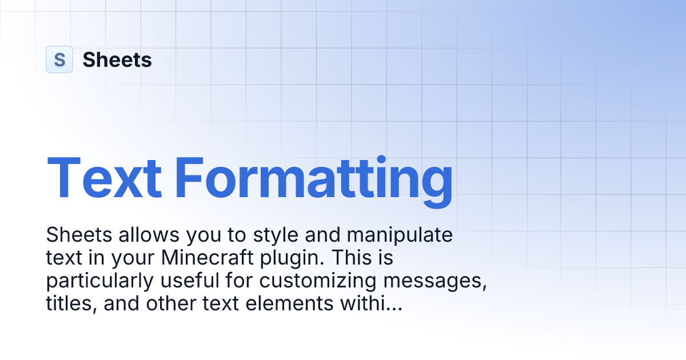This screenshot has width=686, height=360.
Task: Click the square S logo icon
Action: tap(59, 59)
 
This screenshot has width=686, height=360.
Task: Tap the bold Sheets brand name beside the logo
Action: tap(117, 59)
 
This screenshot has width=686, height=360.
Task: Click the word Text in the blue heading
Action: tap(103, 176)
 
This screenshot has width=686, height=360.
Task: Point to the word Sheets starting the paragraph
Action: tap(75, 235)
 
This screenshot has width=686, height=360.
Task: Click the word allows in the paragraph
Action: tap(138, 235)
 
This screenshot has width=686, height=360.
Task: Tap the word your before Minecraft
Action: tap(135, 258)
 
